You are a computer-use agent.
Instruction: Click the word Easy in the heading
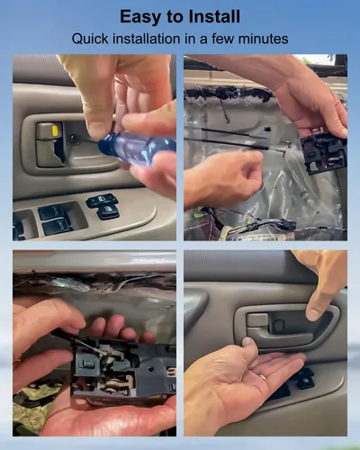tap(140, 17)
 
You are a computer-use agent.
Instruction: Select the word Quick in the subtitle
tap(90, 39)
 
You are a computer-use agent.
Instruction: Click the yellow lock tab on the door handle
tap(55, 131)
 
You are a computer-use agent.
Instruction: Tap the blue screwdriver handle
tap(137, 148)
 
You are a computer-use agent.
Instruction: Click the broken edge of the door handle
tap(58, 153)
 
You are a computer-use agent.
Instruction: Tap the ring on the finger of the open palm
tap(262, 377)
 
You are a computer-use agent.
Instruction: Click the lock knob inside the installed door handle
tap(279, 325)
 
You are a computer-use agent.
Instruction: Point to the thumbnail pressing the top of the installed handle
tap(313, 314)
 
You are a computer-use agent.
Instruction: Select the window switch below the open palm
tap(304, 379)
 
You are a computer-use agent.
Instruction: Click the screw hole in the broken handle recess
tap(73, 138)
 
